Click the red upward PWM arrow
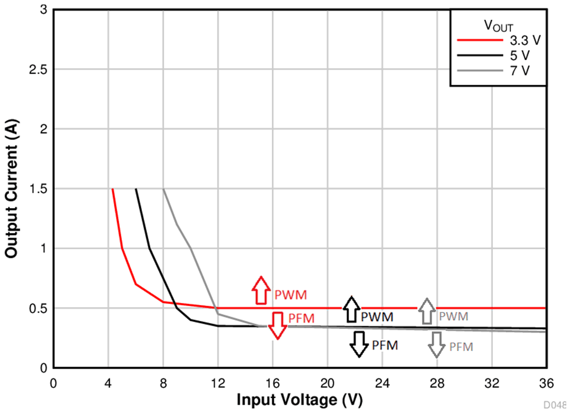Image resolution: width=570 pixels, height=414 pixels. pyautogui.click(x=261, y=290)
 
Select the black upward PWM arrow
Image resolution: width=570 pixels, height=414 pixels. pyautogui.click(x=351, y=309)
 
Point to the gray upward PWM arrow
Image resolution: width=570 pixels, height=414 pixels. pyautogui.click(x=426, y=311)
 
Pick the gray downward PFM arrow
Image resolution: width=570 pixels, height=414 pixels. pyautogui.click(x=437, y=345)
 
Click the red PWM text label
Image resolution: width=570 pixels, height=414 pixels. pyautogui.click(x=290, y=294)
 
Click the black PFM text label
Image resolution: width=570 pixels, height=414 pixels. pyautogui.click(x=385, y=345)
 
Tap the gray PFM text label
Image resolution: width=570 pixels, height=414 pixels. pyautogui.click(x=460, y=347)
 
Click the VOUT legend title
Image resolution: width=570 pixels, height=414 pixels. pyautogui.click(x=498, y=25)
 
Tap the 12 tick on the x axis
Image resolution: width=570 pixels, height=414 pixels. pyautogui.click(x=218, y=383)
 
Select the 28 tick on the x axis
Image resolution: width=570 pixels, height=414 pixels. pyautogui.click(x=437, y=383)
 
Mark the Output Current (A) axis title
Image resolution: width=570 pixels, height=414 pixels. pyautogui.click(x=11, y=189)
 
